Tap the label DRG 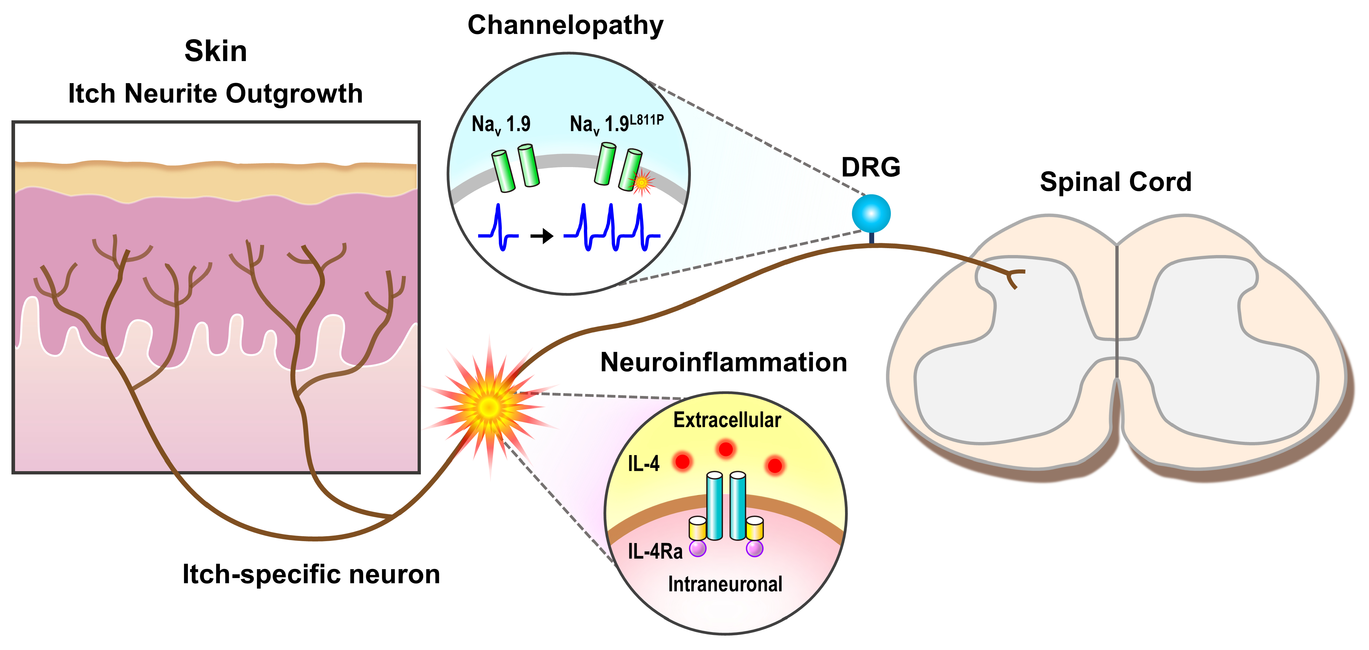click(871, 167)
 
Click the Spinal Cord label click(1115, 182)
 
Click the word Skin click(215, 52)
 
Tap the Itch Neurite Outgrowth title click(215, 94)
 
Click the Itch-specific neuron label click(311, 574)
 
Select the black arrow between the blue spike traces click(542, 235)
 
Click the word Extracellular click(727, 420)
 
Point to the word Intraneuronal click(725, 584)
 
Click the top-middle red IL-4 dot click(726, 449)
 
